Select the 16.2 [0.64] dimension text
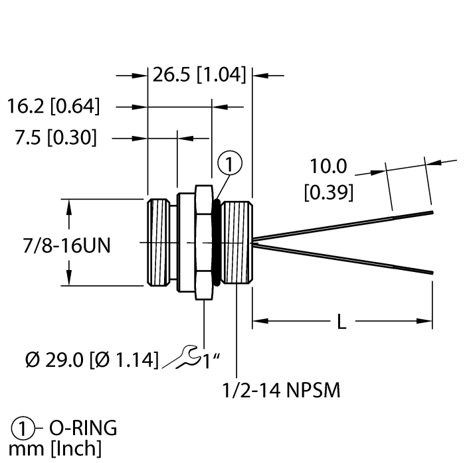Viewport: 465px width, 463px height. tap(53, 106)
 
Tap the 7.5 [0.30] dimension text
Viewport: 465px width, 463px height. tap(56, 138)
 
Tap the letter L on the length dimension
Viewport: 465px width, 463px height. tap(341, 323)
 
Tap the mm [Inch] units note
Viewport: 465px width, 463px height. tap(54, 449)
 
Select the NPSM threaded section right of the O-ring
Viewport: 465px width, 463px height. tap(236, 243)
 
